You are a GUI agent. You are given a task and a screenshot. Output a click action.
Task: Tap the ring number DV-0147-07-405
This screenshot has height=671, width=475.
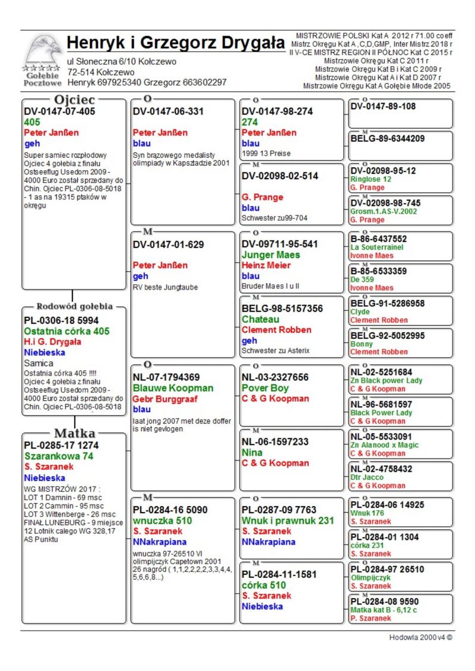point(59,111)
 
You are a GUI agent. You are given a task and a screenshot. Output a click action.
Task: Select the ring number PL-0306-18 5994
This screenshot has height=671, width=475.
point(62,320)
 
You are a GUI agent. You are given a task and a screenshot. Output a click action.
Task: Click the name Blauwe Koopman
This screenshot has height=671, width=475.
point(173,388)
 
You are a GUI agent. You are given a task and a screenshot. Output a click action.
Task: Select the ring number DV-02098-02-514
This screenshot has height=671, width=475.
point(280,176)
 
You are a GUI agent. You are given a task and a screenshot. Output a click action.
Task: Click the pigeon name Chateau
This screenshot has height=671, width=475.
point(261,319)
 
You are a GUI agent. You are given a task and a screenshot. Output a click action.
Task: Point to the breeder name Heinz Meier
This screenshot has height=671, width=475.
point(266,265)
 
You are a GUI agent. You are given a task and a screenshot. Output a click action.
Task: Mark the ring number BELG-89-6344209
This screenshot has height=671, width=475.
point(388,139)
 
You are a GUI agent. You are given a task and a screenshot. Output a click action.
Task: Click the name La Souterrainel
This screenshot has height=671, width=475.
point(378,247)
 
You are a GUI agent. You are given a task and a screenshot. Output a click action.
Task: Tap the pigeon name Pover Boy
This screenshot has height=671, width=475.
point(265,388)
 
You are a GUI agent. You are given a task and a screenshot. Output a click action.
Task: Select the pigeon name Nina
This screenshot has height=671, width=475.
point(252,453)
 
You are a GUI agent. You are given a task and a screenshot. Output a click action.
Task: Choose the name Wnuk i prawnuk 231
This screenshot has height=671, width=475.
point(288,520)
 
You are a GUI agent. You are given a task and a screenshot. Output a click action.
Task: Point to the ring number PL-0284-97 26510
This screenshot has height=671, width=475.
point(388,569)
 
